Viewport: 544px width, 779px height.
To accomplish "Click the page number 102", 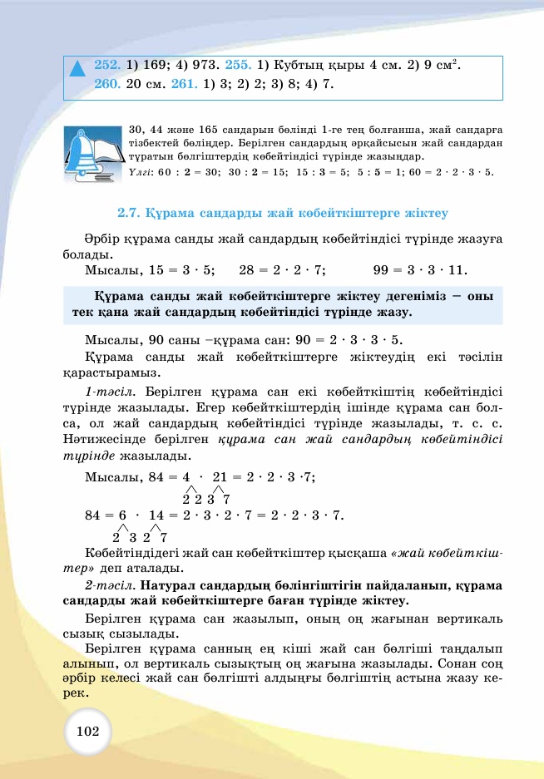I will (x=87, y=731).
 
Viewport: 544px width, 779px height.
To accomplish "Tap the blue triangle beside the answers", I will (x=77, y=69).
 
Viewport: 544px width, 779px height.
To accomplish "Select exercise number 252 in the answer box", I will (x=107, y=64).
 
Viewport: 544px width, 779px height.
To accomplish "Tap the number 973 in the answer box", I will (x=202, y=64).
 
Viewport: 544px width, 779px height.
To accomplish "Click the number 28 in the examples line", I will (x=246, y=269).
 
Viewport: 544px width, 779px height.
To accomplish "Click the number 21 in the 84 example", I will (x=220, y=476).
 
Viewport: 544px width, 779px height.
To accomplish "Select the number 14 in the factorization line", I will (x=156, y=515).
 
